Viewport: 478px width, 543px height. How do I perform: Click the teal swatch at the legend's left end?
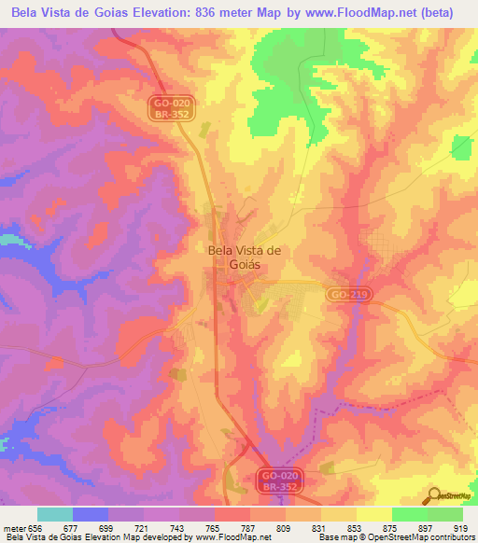click(x=55, y=514)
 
